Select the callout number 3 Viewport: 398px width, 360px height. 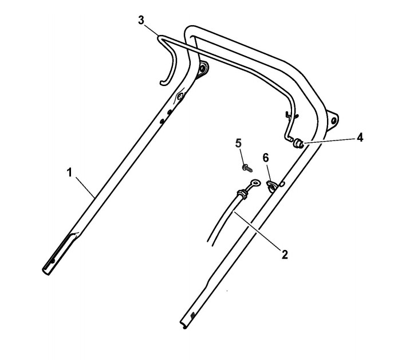[x=141, y=19]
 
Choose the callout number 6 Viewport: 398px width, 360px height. [x=265, y=157]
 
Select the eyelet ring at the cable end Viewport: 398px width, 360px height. [x=253, y=184]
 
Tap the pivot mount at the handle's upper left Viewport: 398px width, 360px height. [x=202, y=69]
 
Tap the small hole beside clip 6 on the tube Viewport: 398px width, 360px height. [x=281, y=183]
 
